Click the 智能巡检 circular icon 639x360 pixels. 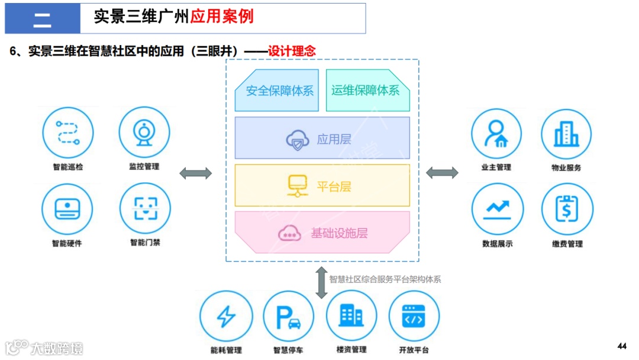pyautogui.click(x=68, y=133)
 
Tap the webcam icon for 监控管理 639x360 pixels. pyautogui.click(x=144, y=133)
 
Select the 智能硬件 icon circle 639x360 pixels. pyautogui.click(x=67, y=208)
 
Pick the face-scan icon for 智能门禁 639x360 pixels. pyautogui.click(x=144, y=208)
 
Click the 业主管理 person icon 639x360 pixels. pyautogui.click(x=496, y=134)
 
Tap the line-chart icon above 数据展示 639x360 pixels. pyautogui.click(x=496, y=209)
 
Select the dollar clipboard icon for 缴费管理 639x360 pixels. pyautogui.click(x=566, y=209)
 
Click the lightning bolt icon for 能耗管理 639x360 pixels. pyautogui.click(x=225, y=316)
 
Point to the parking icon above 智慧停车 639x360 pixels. pyautogui.click(x=288, y=316)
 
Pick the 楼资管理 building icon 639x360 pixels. pyautogui.click(x=351, y=316)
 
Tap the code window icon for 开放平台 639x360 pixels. pyautogui.click(x=414, y=316)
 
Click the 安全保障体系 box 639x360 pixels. pyautogui.click(x=277, y=91)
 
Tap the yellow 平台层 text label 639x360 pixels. pyautogui.click(x=334, y=187)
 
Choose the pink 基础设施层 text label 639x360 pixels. pyautogui.click(x=339, y=233)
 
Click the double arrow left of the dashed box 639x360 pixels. pyautogui.click(x=195, y=173)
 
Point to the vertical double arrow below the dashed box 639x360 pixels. pyautogui.click(x=321, y=282)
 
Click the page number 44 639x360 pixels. pyautogui.click(x=621, y=346)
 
